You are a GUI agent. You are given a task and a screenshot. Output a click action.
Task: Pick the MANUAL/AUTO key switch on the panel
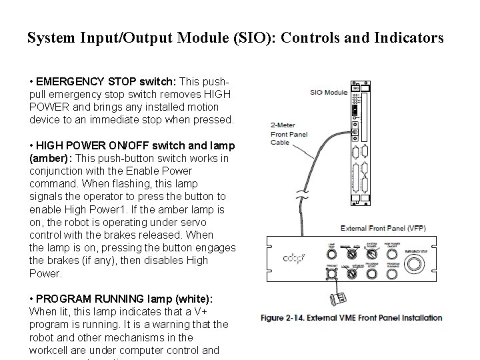point(351,253)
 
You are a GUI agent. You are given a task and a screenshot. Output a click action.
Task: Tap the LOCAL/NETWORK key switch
point(351,273)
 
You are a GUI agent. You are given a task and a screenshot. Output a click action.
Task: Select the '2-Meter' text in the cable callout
point(283,124)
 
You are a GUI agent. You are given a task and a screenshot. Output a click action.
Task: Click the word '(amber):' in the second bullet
point(51,158)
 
